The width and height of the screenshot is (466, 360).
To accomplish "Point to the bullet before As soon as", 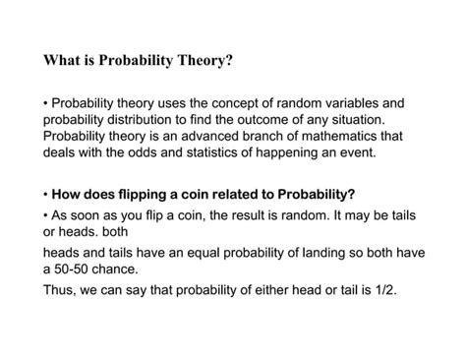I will coord(46,215).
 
